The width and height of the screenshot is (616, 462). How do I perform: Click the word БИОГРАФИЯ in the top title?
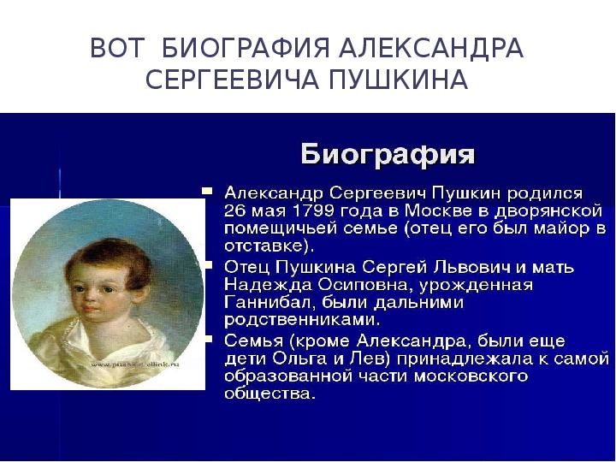pos(246,48)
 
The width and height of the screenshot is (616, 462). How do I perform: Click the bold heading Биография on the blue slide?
pos(388,154)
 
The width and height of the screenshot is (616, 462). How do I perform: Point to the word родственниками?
pos(302,320)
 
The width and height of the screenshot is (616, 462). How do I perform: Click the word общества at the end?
pos(269,394)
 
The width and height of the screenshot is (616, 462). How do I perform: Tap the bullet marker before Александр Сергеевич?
pos(207,192)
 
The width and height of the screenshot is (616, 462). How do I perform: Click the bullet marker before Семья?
pos(207,338)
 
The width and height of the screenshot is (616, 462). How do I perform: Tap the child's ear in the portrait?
pos(141,293)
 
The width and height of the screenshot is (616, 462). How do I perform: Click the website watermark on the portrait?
pos(135,364)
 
